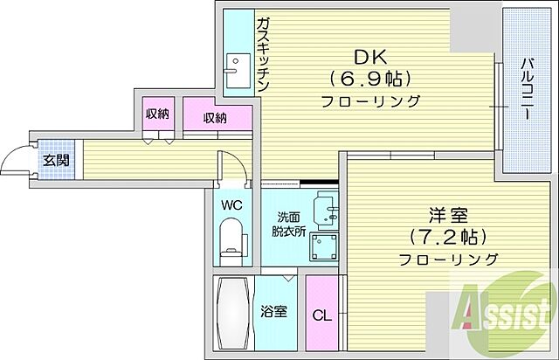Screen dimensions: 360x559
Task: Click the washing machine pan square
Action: pyautogui.click(x=327, y=246)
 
